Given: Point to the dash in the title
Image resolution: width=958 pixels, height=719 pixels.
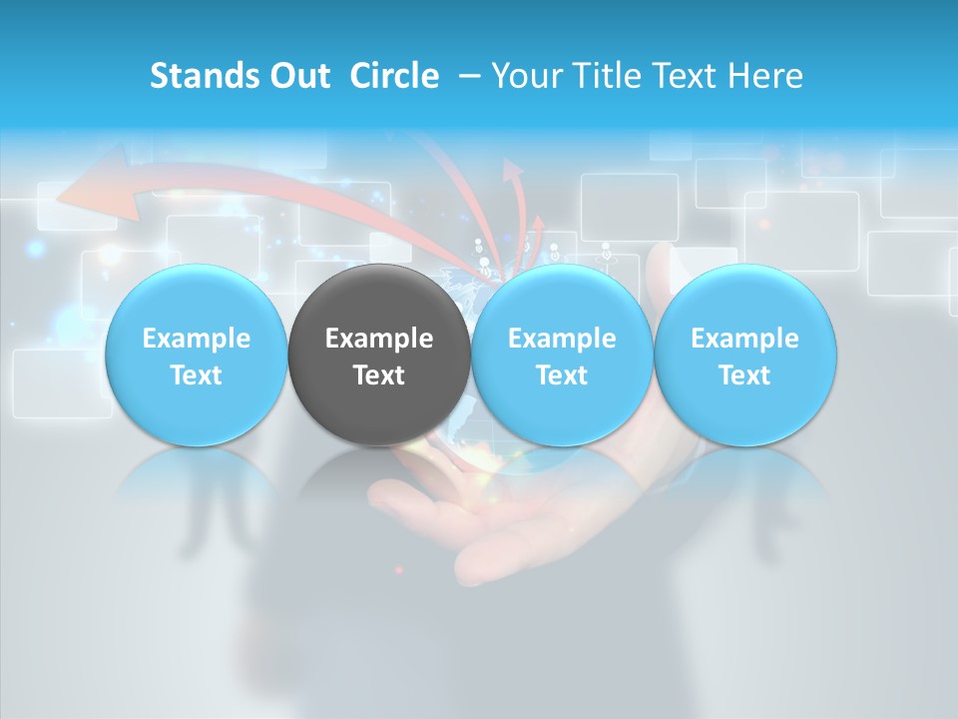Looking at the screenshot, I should [x=467, y=77].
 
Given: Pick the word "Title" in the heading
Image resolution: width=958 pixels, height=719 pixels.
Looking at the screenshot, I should [x=604, y=76].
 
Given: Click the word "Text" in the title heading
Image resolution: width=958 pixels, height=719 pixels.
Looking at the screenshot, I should [x=684, y=76].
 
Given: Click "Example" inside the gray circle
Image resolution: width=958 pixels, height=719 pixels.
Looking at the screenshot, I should [x=379, y=339].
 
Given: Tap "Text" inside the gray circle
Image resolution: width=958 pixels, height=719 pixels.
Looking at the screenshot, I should [x=379, y=375].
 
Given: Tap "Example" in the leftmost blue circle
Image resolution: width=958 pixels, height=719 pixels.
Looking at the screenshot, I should [x=197, y=339].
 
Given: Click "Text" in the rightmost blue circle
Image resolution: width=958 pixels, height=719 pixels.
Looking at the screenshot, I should [x=745, y=375].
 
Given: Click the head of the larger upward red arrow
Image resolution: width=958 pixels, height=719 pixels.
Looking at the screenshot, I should [x=513, y=171].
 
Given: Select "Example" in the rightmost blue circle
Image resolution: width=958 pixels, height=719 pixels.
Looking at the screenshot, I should [x=745, y=339].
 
